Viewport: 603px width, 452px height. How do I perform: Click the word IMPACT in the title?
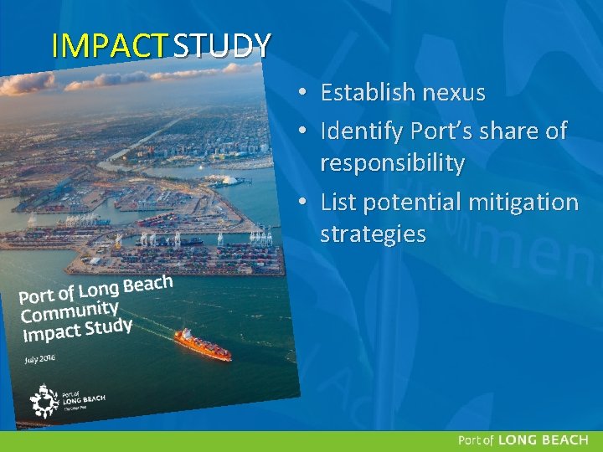point(110,46)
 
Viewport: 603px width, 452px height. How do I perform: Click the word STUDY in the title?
point(222,46)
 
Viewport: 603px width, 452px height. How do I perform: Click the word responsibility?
point(392,164)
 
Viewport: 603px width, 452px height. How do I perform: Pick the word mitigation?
point(524,203)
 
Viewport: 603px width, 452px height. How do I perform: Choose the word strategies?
point(373,234)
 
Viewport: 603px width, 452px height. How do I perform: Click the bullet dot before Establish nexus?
point(308,93)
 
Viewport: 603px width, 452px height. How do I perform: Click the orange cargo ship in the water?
point(202,344)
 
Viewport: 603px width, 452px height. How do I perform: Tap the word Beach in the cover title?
point(147,285)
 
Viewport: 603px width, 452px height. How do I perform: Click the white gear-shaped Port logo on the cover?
point(44,401)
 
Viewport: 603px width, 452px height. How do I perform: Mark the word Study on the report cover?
point(109,326)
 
